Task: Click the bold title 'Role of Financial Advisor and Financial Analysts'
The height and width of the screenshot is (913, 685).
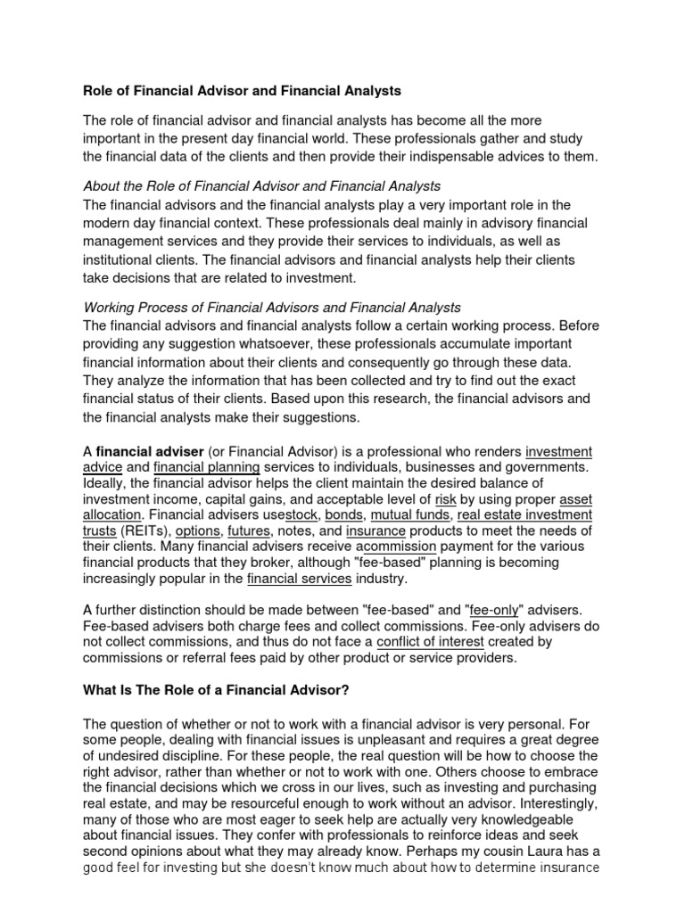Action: [242, 90]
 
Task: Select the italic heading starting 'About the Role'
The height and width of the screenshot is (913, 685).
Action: [261, 186]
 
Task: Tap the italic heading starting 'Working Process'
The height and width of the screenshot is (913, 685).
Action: [271, 308]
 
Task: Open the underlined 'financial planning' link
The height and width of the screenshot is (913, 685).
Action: [206, 467]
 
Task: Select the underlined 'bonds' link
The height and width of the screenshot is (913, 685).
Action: [343, 515]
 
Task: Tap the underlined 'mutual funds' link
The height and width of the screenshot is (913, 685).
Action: [409, 515]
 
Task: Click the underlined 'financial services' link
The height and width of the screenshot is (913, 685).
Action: [299, 579]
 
